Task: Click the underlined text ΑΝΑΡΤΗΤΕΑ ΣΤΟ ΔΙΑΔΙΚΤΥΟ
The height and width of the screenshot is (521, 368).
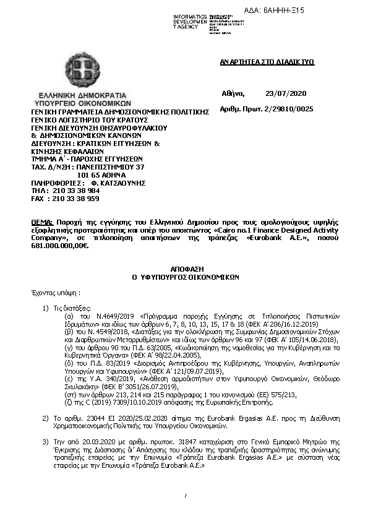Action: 267,62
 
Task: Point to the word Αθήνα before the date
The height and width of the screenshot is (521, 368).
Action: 233,93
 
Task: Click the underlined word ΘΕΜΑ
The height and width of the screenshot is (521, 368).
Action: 42,221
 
